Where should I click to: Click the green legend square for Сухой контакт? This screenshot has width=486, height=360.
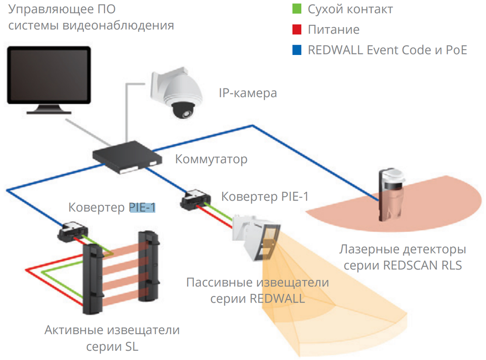297,9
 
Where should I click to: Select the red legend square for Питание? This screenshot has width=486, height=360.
297,30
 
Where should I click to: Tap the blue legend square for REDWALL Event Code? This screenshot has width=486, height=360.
297,50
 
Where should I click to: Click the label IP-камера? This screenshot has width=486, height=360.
248,93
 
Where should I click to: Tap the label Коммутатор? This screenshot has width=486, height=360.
211,159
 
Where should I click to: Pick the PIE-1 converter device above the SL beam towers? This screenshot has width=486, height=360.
73,232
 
